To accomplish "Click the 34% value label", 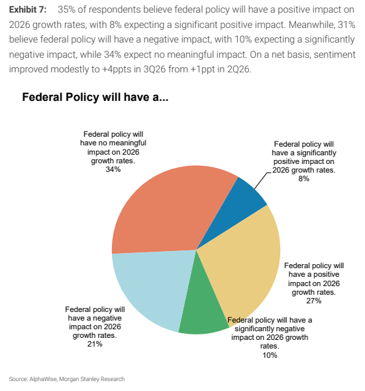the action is (x=113, y=169).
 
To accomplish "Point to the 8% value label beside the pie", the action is (x=303, y=179).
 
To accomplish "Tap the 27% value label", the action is (x=314, y=301).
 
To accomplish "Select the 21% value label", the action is (x=95, y=344).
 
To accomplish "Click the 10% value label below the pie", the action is (x=270, y=355).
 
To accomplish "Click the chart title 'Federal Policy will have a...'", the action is (x=95, y=97).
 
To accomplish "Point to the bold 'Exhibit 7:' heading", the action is (x=28, y=10).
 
